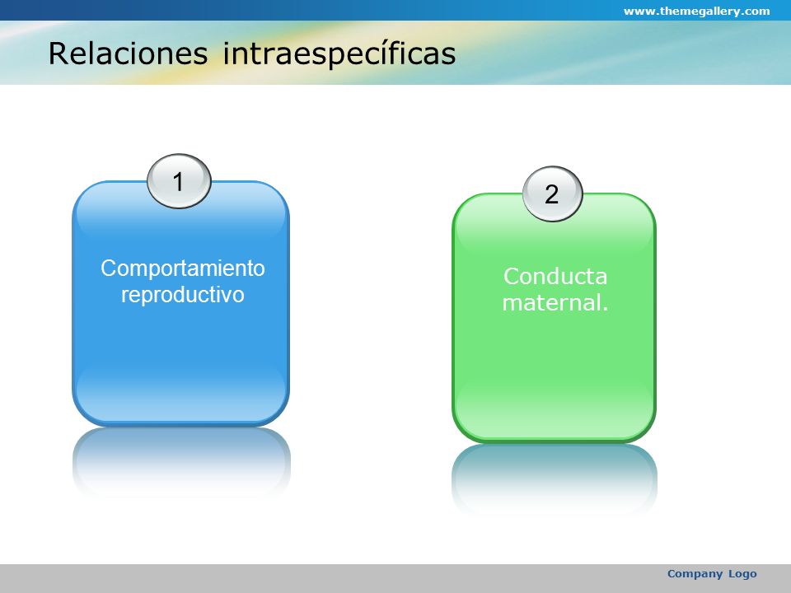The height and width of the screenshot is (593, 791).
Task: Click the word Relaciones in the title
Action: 129,53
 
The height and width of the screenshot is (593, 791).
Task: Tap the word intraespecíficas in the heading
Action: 339,54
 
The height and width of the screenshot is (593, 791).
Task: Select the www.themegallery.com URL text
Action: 697,11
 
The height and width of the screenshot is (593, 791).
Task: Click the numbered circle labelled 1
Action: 179,181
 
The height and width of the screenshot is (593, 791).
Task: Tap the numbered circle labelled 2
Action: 552,194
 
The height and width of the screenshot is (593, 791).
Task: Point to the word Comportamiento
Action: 183,268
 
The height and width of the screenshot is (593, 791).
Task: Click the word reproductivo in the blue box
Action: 183,295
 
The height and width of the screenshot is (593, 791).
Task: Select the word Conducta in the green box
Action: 555,277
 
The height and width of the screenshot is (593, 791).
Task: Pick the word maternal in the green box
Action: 551,302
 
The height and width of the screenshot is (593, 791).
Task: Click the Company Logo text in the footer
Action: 712,574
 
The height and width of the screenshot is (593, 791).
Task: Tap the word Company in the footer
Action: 695,574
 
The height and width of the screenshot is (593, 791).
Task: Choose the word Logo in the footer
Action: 742,574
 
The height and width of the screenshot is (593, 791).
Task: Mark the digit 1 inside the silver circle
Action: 178,181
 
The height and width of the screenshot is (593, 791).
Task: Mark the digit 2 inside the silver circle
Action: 552,194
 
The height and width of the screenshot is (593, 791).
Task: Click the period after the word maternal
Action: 605,310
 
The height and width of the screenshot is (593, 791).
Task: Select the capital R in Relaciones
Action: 58,54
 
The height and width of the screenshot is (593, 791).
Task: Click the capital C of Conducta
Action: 512,277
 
